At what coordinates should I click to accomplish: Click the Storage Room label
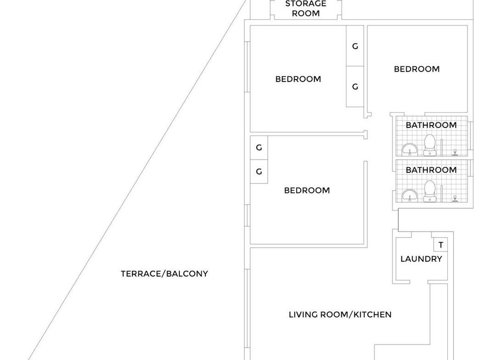[306, 9]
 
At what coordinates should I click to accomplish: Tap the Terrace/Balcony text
[164, 274]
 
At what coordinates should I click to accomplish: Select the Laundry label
[421, 259]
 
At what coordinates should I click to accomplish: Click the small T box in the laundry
[441, 244]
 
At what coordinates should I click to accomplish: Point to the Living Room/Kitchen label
[340, 315]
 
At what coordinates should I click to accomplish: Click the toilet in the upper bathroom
[430, 145]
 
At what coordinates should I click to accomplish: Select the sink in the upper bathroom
[409, 150]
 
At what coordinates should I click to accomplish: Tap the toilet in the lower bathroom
[430, 191]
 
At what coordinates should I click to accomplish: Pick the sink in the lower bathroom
[409, 195]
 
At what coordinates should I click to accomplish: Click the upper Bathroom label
[431, 125]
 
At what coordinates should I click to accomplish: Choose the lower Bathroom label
[431, 170]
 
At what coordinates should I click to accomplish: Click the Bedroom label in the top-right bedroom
[417, 69]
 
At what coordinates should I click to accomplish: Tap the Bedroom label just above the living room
[307, 190]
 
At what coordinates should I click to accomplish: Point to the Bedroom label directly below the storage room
[298, 79]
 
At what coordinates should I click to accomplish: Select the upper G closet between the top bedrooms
[355, 46]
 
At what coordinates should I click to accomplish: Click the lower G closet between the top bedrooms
[355, 86]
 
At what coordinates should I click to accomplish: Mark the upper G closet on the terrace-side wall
[259, 148]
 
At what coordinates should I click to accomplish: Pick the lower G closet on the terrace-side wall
[259, 172]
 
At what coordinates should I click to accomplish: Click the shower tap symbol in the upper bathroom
[455, 152]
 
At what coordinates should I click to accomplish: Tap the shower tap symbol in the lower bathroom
[455, 198]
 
